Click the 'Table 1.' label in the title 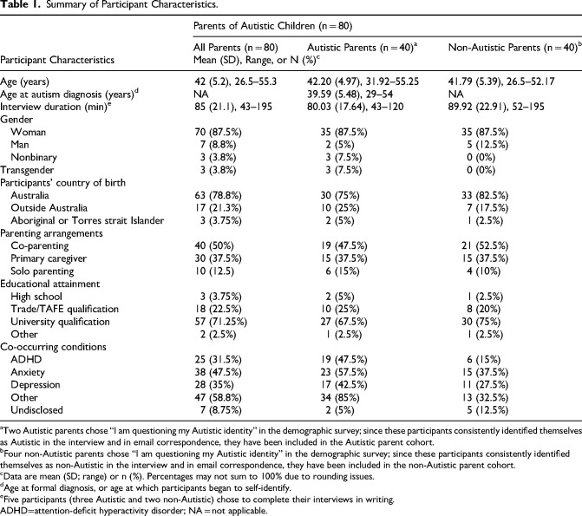tap(21, 9)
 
